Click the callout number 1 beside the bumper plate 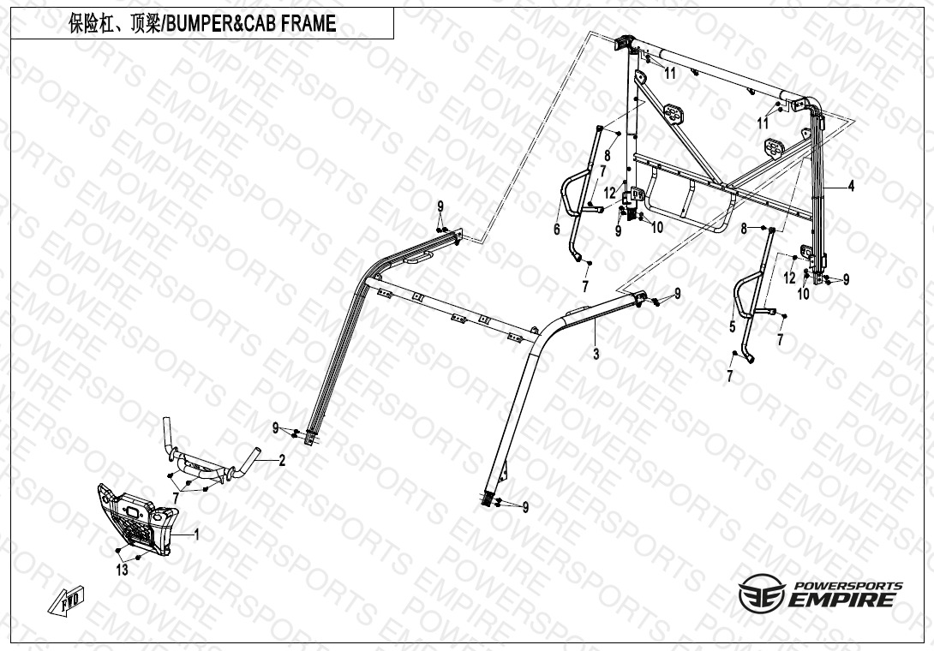197,535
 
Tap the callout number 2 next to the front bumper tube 283,460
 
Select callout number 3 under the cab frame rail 596,354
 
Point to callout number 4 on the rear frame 851,187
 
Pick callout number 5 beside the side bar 733,326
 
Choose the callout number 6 557,229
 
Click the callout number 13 123,570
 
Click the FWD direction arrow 66,601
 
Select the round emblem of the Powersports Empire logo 762,593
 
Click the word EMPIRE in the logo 843,600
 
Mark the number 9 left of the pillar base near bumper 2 276,427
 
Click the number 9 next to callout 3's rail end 677,294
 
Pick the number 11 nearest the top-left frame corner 671,74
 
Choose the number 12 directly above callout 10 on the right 790,278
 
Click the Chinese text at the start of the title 114,23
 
